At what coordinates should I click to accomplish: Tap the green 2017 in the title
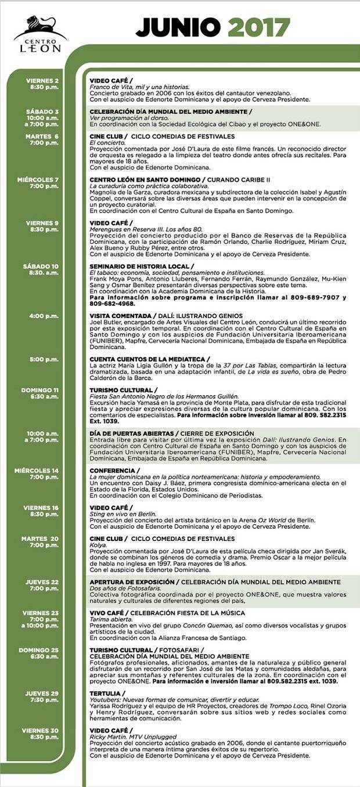[258, 27]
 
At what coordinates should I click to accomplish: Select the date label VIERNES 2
[42, 80]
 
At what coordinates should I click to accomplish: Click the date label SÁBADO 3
[42, 111]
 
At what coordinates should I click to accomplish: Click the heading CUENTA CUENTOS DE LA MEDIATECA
[148, 359]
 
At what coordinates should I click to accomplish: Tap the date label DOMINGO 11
[40, 390]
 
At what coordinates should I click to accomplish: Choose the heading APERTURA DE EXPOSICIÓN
[131, 582]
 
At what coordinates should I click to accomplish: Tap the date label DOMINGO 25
[40, 650]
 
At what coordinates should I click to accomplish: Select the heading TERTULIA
[105, 693]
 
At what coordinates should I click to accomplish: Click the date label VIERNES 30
[40, 730]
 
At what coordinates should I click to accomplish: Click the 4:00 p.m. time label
[44, 316]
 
